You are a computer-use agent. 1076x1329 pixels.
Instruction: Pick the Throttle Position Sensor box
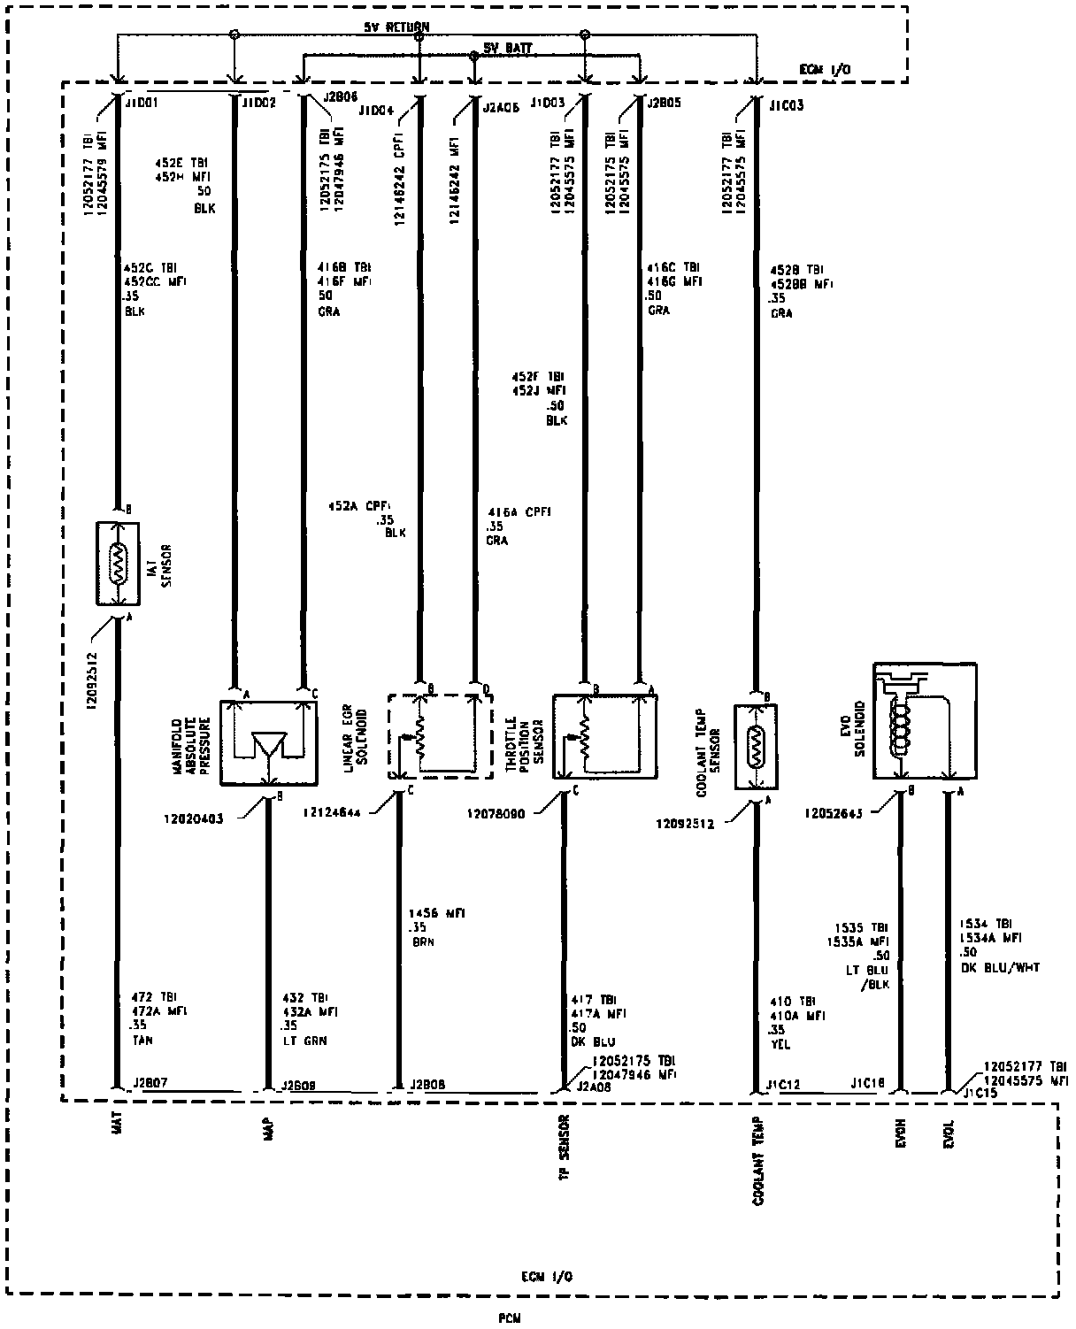tap(605, 736)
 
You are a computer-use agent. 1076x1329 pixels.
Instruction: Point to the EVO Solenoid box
tap(925, 721)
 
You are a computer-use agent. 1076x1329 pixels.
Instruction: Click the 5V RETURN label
tap(396, 27)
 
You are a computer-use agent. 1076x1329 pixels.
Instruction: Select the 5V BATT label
tap(508, 47)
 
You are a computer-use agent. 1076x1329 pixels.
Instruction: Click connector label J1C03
tap(785, 105)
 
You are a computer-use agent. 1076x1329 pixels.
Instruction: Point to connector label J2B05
tap(664, 103)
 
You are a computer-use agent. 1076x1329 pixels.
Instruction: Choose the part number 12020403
tap(194, 818)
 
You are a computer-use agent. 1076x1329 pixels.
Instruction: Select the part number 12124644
tap(332, 812)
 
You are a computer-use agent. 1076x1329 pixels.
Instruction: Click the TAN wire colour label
tap(142, 1041)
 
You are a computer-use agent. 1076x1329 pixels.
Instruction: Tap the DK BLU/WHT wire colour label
tap(1000, 967)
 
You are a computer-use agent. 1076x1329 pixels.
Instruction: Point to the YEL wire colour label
tap(780, 1044)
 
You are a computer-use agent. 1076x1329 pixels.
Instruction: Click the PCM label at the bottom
tap(509, 1317)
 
